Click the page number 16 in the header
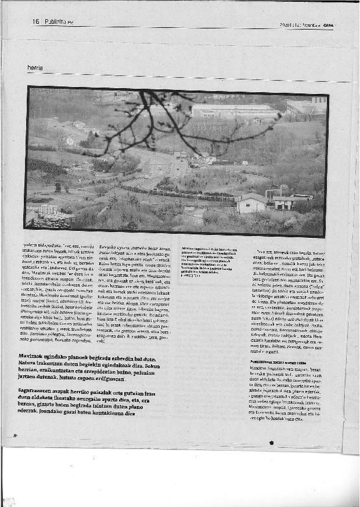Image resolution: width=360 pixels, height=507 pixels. point(35,21)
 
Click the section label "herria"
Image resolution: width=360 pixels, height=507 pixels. point(35,68)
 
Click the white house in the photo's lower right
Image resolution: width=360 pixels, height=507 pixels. point(251,202)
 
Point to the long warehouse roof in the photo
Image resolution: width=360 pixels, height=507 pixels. point(235,110)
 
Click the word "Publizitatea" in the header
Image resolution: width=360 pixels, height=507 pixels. point(58,21)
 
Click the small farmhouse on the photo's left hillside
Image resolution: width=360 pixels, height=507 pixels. point(72,140)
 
